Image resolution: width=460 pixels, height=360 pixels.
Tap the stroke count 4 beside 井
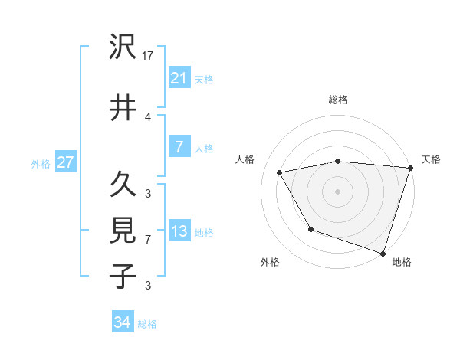[x=148, y=116]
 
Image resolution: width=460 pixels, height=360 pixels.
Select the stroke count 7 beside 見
[x=148, y=239]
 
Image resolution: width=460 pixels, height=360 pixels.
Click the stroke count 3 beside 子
[x=148, y=285]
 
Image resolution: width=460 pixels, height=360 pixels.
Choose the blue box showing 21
[x=179, y=77]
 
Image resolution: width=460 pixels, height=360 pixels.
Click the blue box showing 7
[x=179, y=147]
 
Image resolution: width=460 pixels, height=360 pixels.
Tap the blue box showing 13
[x=179, y=231]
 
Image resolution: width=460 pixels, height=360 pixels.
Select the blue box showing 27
[x=65, y=162]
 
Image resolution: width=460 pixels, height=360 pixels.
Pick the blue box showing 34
[x=122, y=322]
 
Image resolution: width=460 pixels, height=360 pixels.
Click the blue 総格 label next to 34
[x=147, y=324]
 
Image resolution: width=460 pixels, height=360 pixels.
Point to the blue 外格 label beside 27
[x=41, y=163]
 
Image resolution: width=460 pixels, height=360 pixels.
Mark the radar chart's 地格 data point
[x=383, y=253]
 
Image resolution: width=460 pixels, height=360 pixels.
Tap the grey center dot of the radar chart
[x=337, y=191]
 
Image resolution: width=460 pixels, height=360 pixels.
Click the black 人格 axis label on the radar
[x=245, y=159]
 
